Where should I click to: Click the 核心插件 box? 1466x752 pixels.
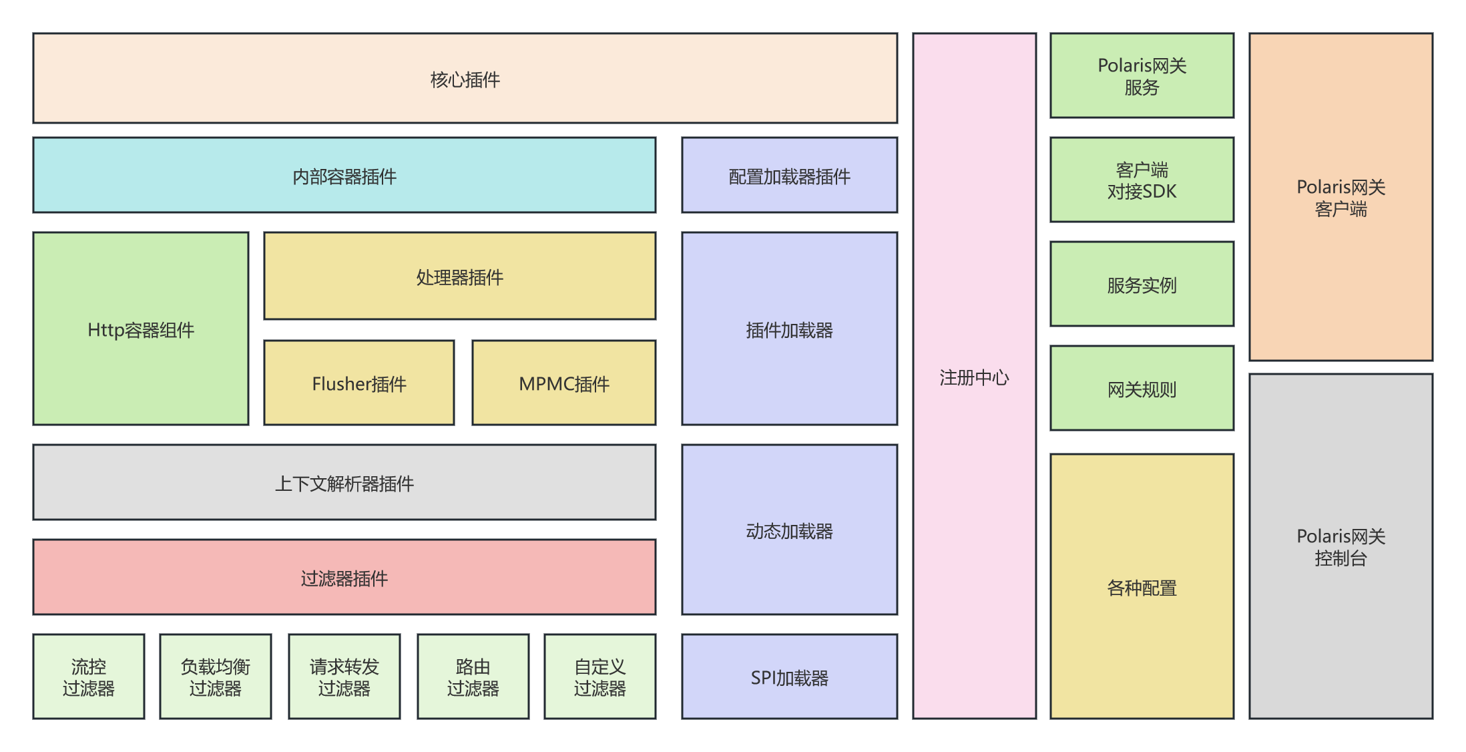pos(465,79)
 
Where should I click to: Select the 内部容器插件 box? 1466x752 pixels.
pos(344,176)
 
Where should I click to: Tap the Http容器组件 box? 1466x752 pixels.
pos(141,329)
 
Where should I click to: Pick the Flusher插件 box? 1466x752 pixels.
pos(359,383)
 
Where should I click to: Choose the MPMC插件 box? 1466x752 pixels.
pos(564,383)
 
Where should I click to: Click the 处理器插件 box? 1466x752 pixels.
pos(459,276)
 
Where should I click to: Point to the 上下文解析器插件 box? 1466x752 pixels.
pos(344,483)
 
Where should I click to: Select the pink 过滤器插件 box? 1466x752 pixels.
pos(344,578)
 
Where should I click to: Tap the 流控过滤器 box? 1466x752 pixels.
pos(89,677)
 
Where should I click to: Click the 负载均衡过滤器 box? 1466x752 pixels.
pos(215,677)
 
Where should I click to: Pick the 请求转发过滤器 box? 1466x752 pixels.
pos(344,677)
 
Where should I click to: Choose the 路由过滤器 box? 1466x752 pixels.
pos(473,677)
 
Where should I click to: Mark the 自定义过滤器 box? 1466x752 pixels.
pos(599,677)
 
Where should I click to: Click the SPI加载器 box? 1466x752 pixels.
pos(789,677)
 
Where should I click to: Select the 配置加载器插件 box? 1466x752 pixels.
pos(789,176)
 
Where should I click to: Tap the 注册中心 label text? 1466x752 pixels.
pos(974,378)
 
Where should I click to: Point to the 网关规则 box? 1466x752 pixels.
pos(1142,389)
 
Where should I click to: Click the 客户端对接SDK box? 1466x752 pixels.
pos(1142,180)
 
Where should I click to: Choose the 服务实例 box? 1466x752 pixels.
pos(1142,285)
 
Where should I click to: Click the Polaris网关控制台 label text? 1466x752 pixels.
pos(1340,547)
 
